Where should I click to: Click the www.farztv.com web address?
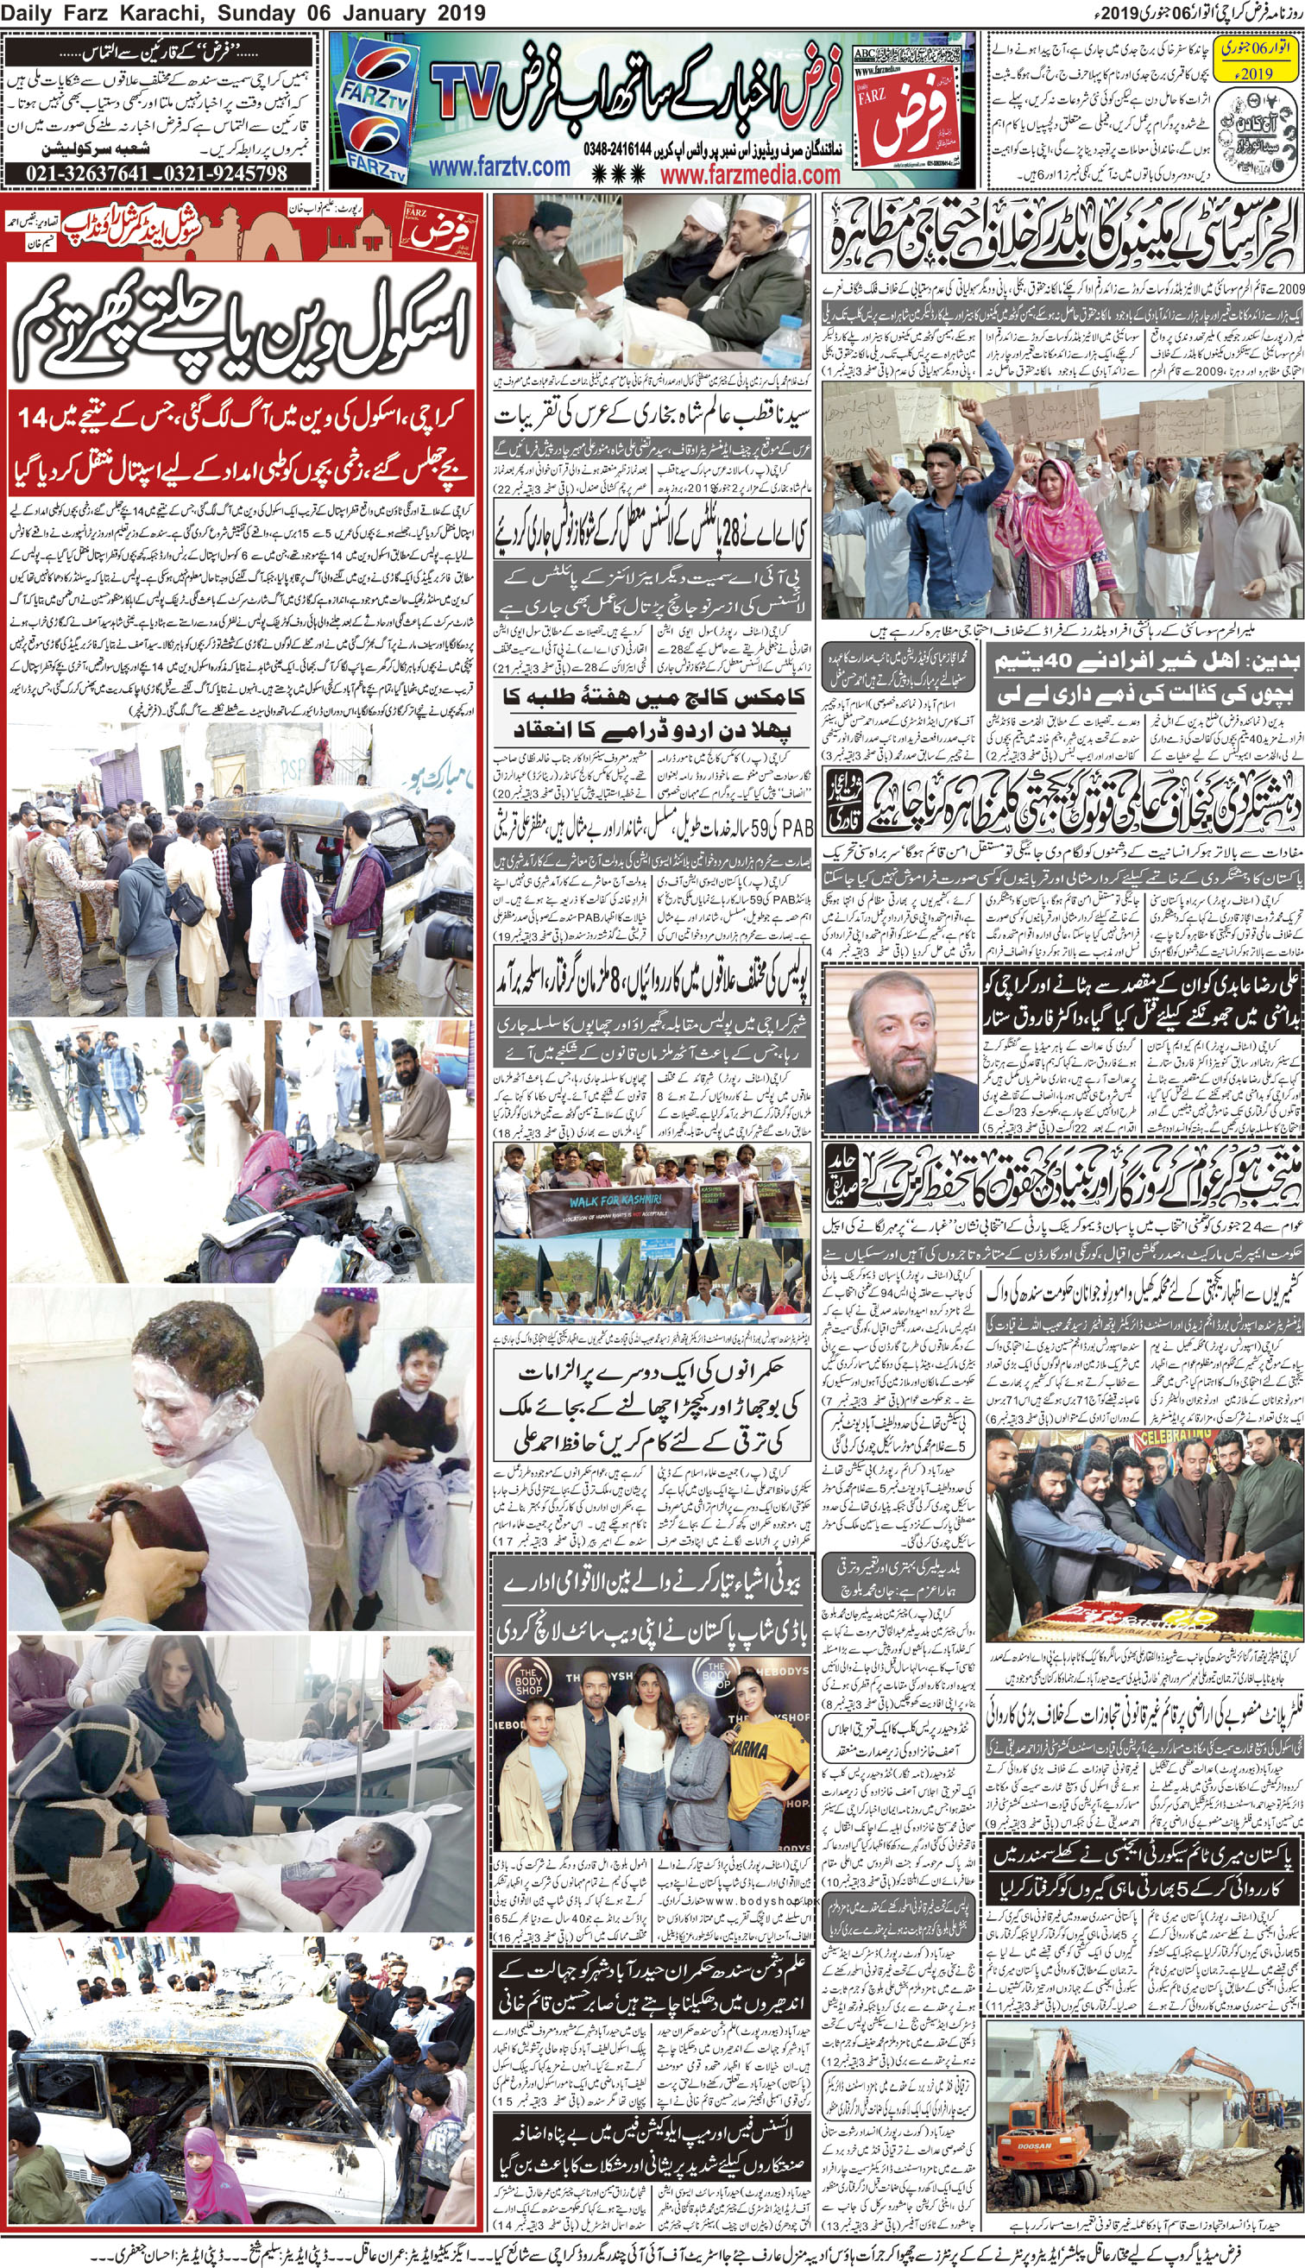pos(499,167)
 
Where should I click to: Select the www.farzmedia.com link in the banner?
pos(750,174)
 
